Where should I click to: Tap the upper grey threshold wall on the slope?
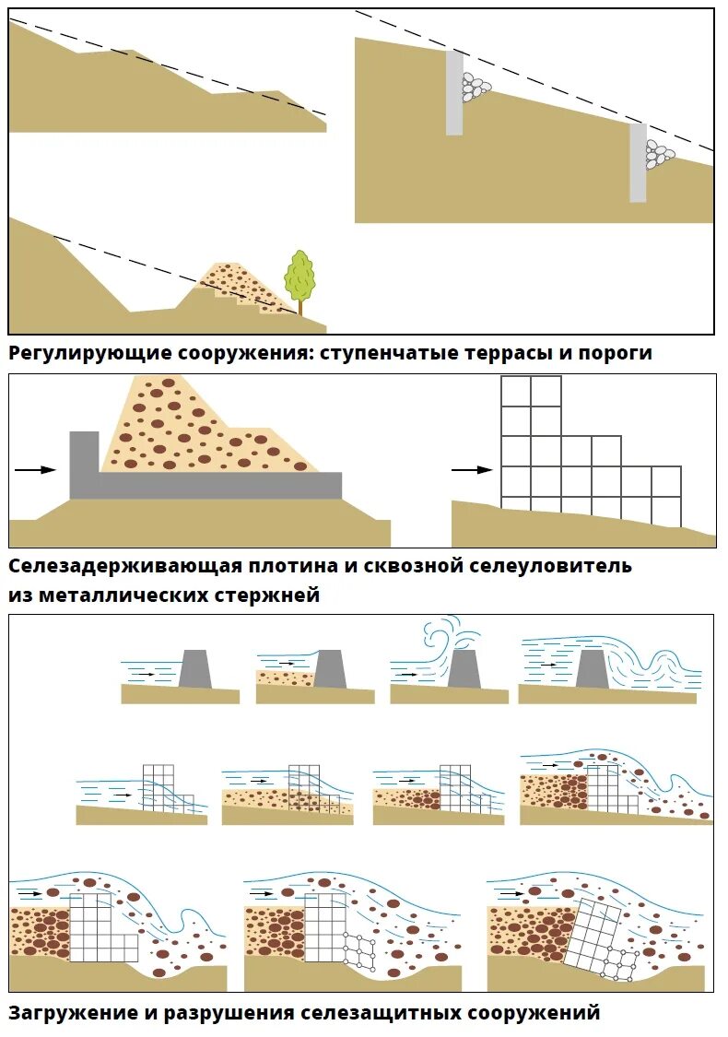click(x=454, y=93)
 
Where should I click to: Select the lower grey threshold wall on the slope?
click(x=638, y=162)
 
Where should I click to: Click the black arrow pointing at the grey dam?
click(x=36, y=470)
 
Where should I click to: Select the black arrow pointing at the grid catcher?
click(x=473, y=469)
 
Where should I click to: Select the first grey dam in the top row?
click(x=195, y=668)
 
